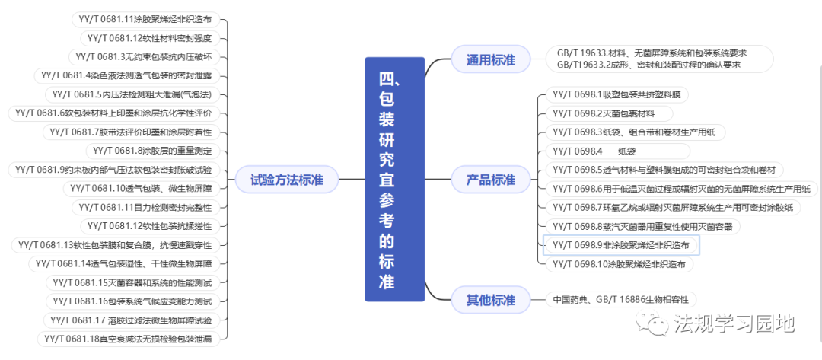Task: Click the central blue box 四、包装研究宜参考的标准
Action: click(393, 180)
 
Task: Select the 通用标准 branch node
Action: click(490, 59)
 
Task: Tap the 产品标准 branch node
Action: click(490, 180)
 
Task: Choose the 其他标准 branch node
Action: click(490, 299)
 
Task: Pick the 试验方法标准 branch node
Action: click(287, 180)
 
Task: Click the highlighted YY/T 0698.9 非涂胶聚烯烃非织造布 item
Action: click(620, 245)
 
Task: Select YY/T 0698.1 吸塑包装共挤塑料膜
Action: click(616, 95)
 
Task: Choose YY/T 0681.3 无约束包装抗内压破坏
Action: click(148, 56)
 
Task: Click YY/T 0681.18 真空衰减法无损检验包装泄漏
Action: click(127, 339)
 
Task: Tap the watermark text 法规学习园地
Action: click(734, 324)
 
